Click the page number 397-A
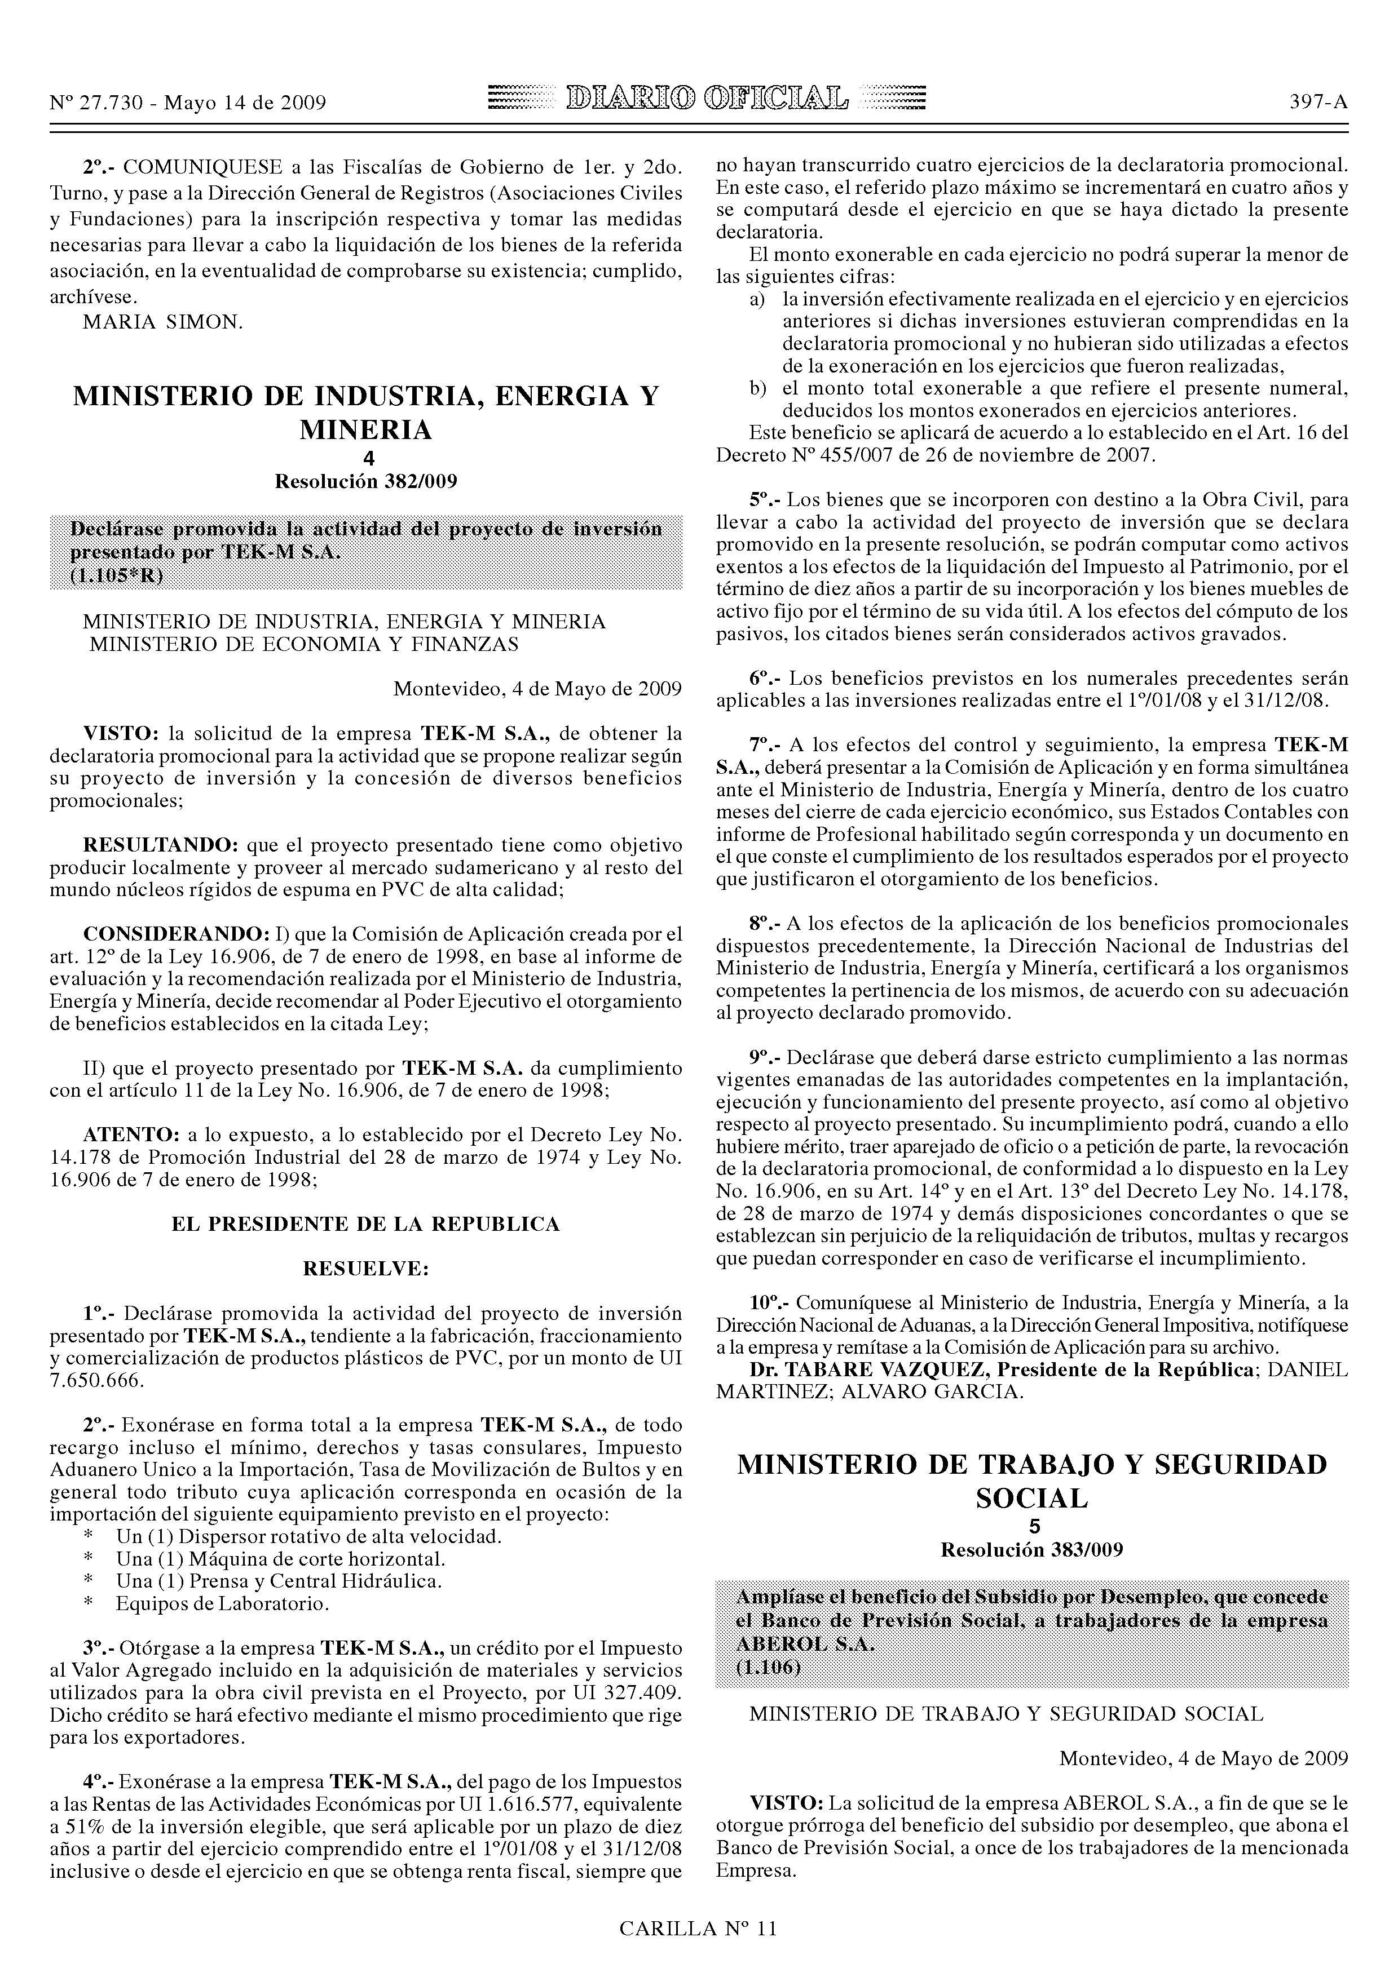pyautogui.click(x=1318, y=103)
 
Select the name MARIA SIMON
pyautogui.click(x=164, y=322)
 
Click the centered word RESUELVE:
pyautogui.click(x=365, y=1269)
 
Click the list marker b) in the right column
pyautogui.click(x=757, y=388)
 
